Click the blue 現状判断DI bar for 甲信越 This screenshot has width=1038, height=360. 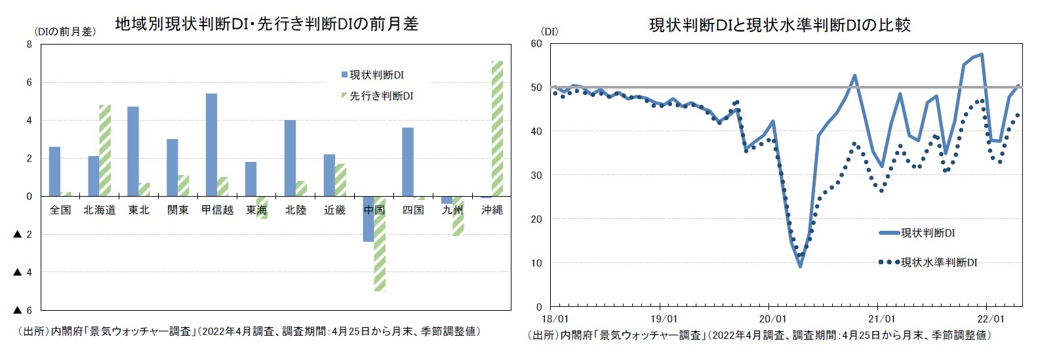coord(211,145)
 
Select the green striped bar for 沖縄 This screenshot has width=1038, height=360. coord(497,129)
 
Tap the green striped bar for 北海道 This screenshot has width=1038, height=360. coord(105,150)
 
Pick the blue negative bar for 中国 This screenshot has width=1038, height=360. coord(369,219)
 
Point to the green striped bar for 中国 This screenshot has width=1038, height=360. coord(380,243)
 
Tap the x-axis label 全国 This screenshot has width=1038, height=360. coord(60,210)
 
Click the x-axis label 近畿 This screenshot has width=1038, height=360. coord(334,210)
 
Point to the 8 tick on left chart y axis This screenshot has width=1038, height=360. coord(29,45)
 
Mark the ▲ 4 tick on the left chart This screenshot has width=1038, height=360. coord(22,272)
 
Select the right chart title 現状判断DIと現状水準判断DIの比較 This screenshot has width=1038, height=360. coord(779,25)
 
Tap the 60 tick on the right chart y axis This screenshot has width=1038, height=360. coord(536,44)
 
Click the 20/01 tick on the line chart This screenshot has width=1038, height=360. coord(772,319)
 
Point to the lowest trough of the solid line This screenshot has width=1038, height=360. coord(800,266)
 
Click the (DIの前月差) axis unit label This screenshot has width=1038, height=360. coord(65,31)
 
